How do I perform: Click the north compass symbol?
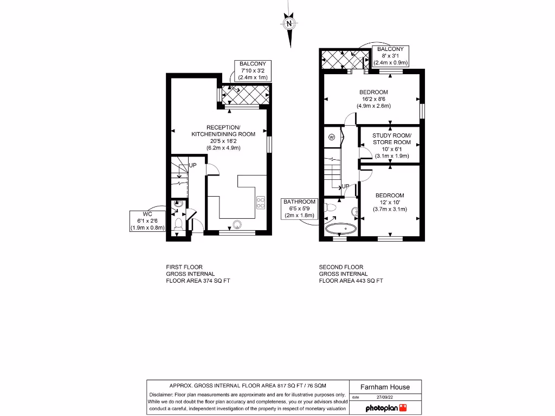(289, 24)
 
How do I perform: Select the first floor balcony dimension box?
(252, 71)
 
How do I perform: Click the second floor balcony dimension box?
(391, 56)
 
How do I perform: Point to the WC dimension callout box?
(147, 221)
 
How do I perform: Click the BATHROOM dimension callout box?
(299, 208)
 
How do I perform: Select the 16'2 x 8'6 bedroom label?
(373, 99)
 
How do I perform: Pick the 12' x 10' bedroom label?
(390, 202)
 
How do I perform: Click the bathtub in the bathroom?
(340, 229)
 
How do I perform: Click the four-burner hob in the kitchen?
(261, 202)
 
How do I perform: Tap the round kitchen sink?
(237, 224)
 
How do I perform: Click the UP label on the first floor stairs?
(192, 165)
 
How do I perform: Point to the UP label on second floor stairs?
(345, 186)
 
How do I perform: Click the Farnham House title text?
(385, 387)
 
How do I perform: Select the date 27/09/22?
(385, 397)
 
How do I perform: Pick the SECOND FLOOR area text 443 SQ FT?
(351, 281)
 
